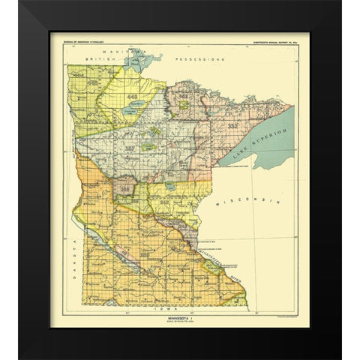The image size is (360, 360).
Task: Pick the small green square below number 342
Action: click(x=181, y=110)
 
